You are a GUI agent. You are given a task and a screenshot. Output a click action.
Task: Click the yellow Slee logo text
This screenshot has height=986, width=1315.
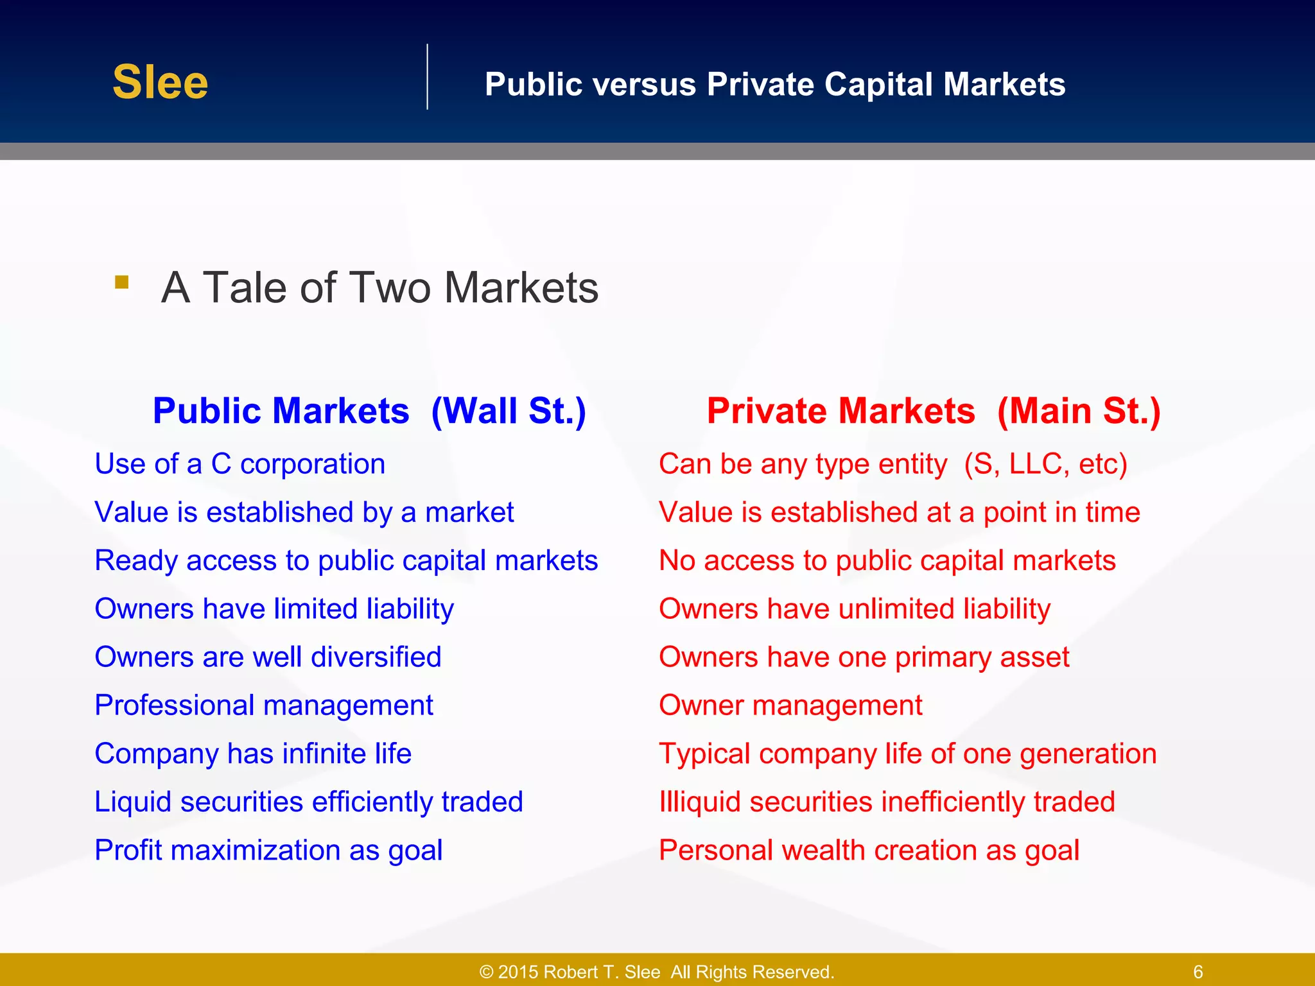click(160, 82)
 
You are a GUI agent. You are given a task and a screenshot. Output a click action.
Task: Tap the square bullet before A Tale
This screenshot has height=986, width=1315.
click(122, 282)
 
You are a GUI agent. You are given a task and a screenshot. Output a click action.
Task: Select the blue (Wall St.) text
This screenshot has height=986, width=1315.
click(508, 411)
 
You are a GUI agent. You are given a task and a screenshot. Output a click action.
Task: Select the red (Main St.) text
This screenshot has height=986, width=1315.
click(1079, 411)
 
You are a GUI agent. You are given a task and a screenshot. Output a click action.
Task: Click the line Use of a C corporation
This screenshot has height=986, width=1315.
click(239, 464)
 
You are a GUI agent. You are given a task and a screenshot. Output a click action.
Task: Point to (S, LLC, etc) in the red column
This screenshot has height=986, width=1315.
click(1045, 464)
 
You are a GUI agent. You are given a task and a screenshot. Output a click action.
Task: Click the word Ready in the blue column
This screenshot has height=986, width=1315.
click(135, 560)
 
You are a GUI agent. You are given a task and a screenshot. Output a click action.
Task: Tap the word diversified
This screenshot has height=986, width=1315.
click(376, 657)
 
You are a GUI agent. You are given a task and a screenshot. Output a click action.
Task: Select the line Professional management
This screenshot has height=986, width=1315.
click(263, 705)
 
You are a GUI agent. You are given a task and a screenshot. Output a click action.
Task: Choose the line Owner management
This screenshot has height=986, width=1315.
click(790, 705)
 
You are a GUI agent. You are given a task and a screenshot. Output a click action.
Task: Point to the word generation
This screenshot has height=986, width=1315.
click(1088, 754)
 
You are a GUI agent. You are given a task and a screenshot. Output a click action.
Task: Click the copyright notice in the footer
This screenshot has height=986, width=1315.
click(657, 972)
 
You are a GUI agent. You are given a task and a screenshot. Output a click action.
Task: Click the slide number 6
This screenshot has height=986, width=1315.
click(1197, 972)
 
